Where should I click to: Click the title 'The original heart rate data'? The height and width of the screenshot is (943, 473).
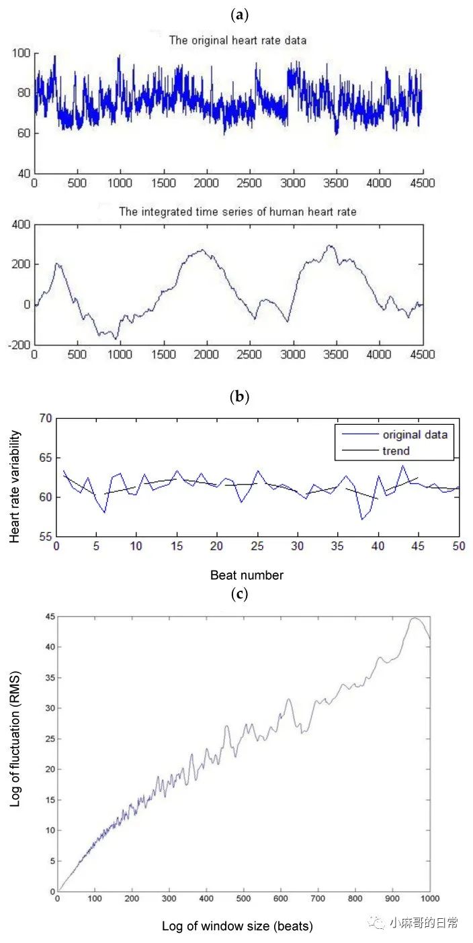237,40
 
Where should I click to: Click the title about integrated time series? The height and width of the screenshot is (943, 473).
237,211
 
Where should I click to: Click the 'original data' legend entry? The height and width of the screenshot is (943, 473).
415,434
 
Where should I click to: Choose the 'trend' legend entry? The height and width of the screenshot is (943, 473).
396,450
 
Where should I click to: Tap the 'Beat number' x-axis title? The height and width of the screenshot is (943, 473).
247,575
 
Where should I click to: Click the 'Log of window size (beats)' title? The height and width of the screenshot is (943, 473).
237,926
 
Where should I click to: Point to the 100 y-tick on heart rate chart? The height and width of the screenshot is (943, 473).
21,53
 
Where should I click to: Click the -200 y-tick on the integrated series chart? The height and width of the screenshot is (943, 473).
19,344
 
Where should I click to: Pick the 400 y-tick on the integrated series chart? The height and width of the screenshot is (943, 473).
21,224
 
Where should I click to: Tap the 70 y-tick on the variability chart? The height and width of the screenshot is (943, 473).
45,418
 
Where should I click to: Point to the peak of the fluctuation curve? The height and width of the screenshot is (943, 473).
415,618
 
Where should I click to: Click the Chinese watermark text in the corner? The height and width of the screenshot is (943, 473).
423,922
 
